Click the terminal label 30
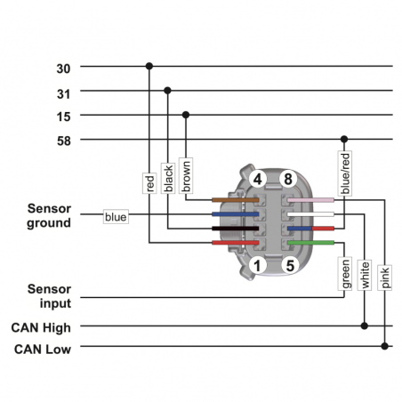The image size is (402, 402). [x=63, y=67]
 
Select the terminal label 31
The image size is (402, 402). [x=63, y=91]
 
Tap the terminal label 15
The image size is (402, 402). [x=63, y=116]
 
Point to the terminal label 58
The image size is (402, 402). [x=63, y=140]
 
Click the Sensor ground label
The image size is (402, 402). [x=49, y=215]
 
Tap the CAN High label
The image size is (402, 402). [x=41, y=327]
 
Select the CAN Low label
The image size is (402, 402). [x=42, y=348]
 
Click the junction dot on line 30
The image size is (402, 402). [x=149, y=66]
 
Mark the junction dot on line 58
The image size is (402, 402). [x=344, y=140]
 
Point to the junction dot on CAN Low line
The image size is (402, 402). [x=385, y=347]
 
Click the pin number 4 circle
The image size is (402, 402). [x=257, y=179]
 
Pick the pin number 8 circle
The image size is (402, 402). [x=287, y=179]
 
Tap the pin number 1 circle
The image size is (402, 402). [x=257, y=264]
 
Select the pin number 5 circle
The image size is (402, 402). [x=287, y=264]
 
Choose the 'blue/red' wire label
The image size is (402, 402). [x=345, y=173]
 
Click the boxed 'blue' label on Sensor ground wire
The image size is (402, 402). [x=116, y=216]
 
